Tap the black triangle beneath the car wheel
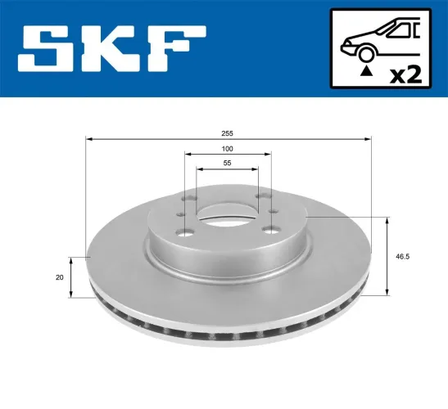click(x=363, y=74)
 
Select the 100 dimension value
click(x=227, y=149)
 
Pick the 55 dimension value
click(x=227, y=164)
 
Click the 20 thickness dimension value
click(x=60, y=277)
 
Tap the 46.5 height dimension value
click(x=401, y=256)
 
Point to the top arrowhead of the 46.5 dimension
click(x=387, y=221)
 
